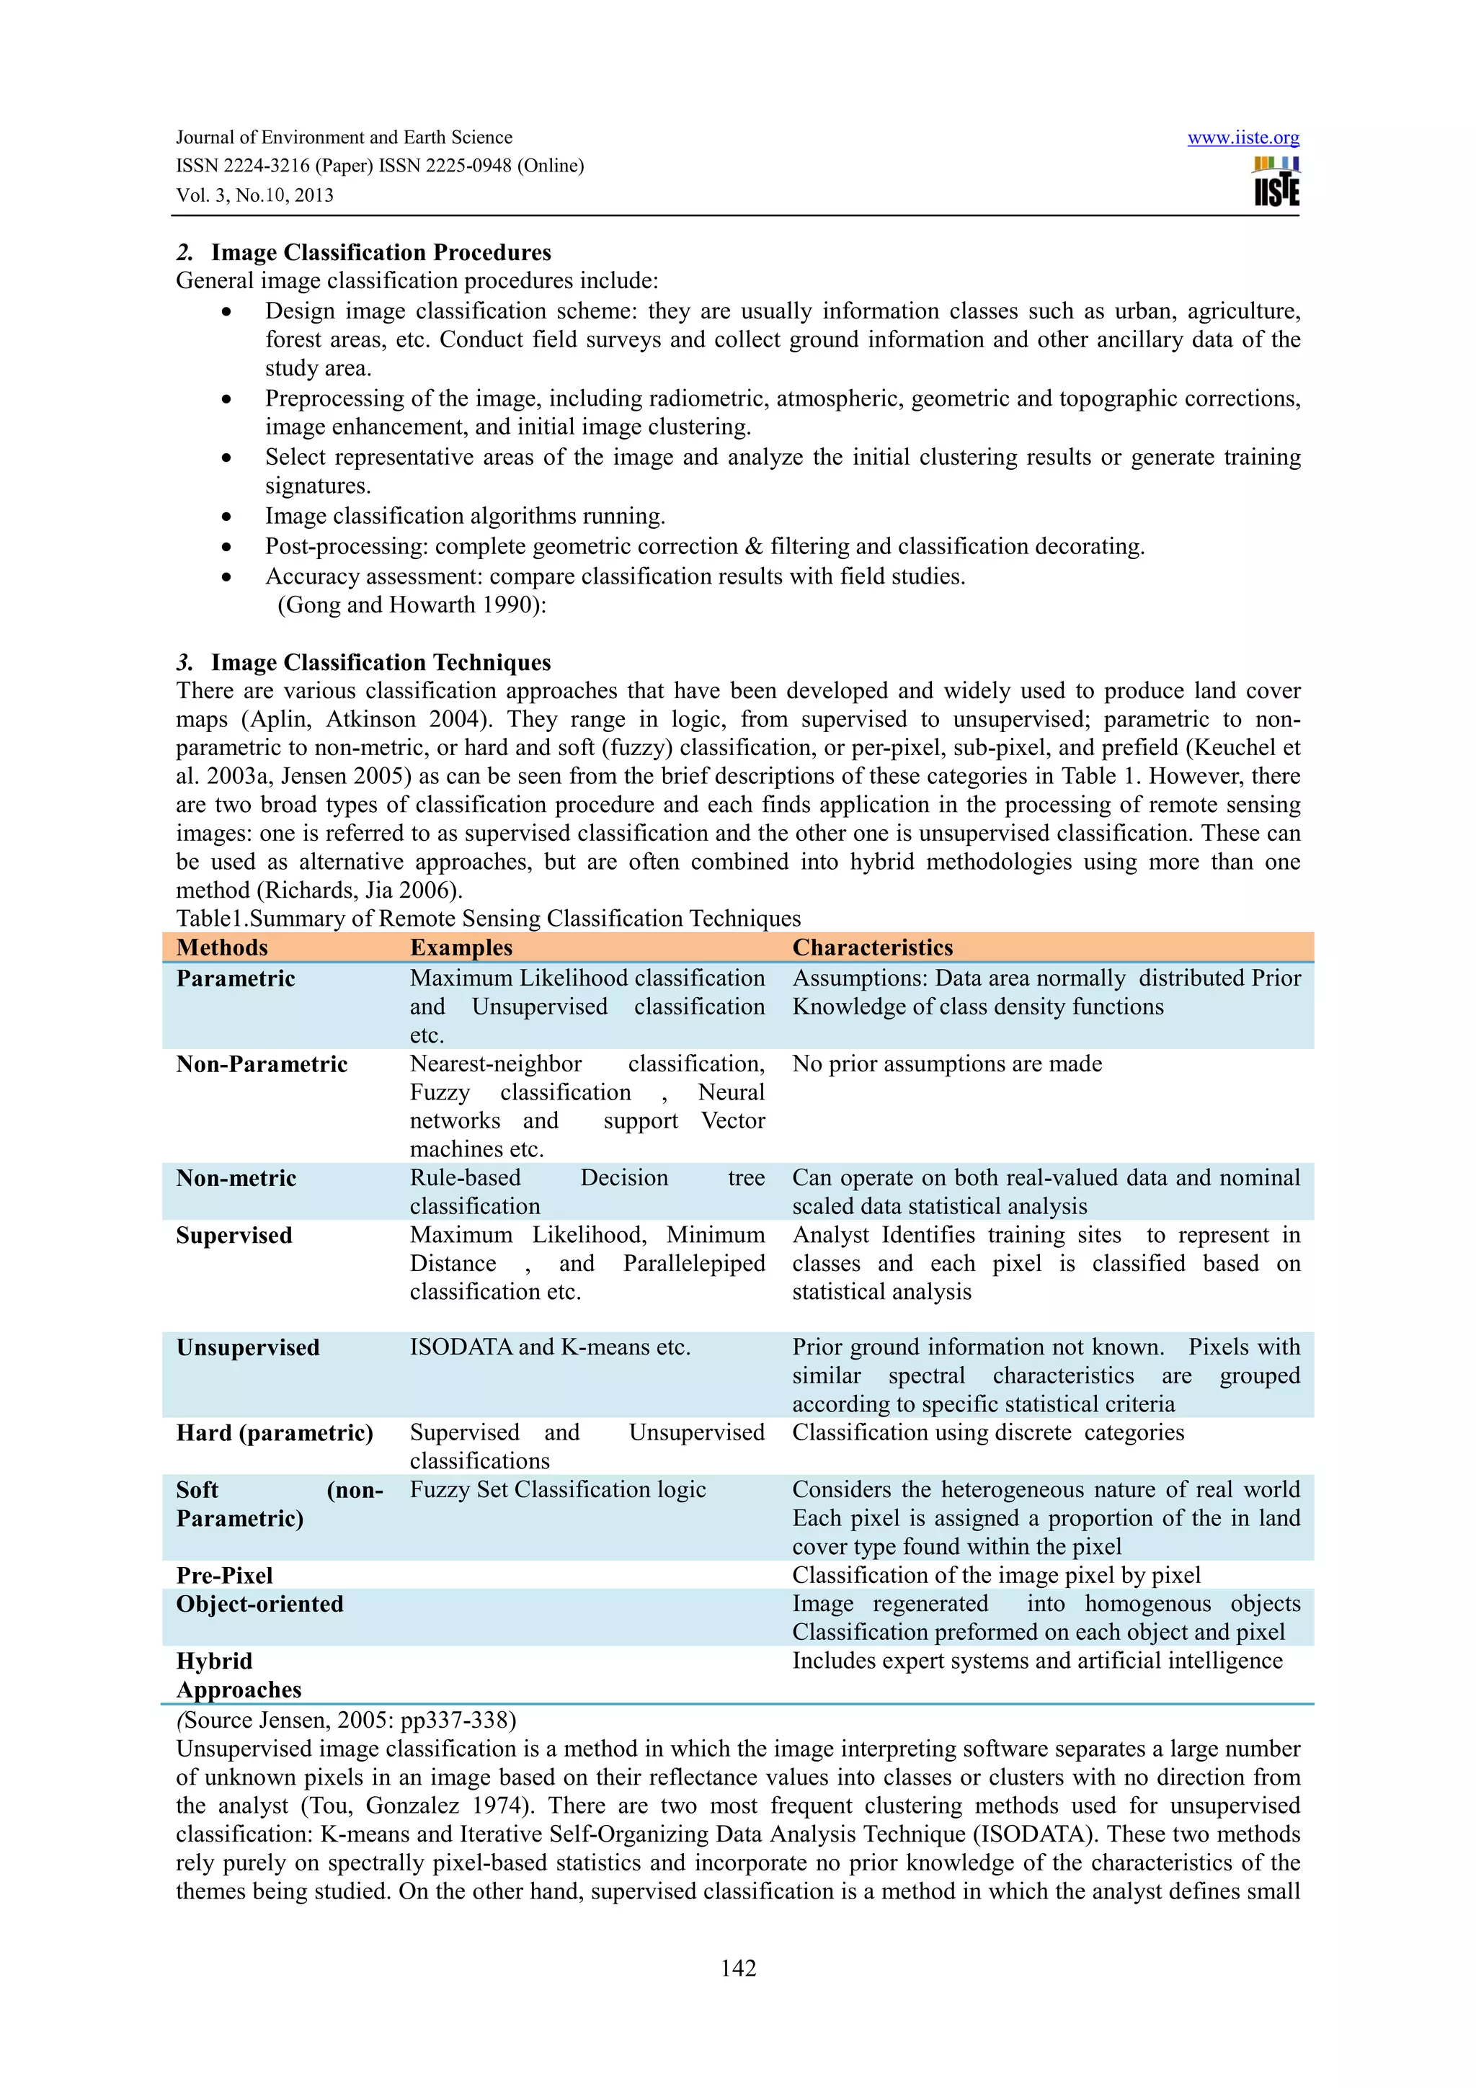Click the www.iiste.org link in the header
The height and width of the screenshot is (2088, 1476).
coord(1242,138)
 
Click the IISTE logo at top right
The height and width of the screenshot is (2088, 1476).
coord(1276,182)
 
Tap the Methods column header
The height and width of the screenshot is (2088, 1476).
coord(222,947)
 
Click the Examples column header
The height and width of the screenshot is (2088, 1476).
coord(461,947)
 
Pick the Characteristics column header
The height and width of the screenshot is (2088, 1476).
coord(872,947)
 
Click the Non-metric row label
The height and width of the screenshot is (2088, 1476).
coord(236,1178)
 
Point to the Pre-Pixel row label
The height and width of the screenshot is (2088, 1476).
coord(225,1575)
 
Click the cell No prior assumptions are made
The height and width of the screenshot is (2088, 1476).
coord(947,1064)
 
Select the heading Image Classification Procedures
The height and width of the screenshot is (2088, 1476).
coord(381,252)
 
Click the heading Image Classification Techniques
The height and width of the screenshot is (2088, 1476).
coord(381,662)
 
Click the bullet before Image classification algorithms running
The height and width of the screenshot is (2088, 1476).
coord(226,517)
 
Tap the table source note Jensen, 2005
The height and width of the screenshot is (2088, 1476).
coord(346,1720)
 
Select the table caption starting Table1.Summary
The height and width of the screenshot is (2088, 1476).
coord(489,919)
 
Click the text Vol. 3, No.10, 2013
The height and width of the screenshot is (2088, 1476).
coord(254,195)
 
